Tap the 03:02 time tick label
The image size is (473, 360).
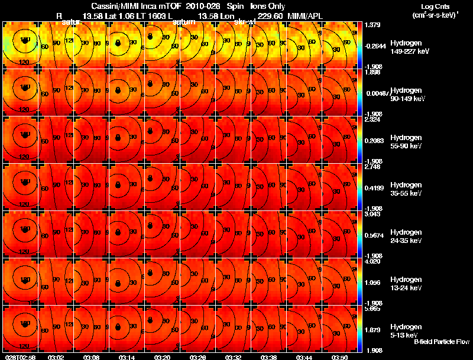pyautogui.click(x=56, y=357)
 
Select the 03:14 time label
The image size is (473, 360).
pyautogui.click(x=127, y=357)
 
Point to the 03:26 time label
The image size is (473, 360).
pyautogui.click(x=198, y=357)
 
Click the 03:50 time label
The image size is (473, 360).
pyautogui.click(x=340, y=357)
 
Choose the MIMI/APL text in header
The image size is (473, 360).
pyautogui.click(x=305, y=15)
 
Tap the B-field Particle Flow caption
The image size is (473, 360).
pyautogui.click(x=442, y=341)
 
